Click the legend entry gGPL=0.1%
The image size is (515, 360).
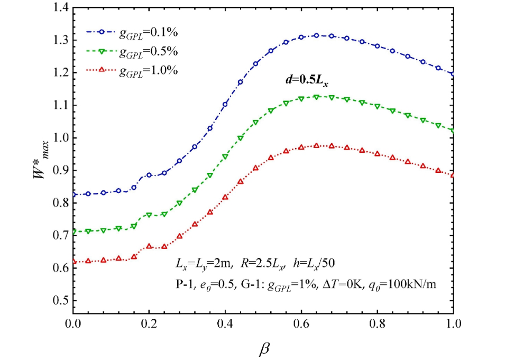pyautogui.click(x=148, y=33)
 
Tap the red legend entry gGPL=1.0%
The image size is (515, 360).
pyautogui.click(x=148, y=71)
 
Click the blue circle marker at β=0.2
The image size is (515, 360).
pyautogui.click(x=149, y=175)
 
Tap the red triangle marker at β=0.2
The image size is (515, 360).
pyautogui.click(x=149, y=246)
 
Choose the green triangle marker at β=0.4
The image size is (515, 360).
pyautogui.click(x=225, y=156)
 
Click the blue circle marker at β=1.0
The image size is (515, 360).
pyautogui.click(x=453, y=74)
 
